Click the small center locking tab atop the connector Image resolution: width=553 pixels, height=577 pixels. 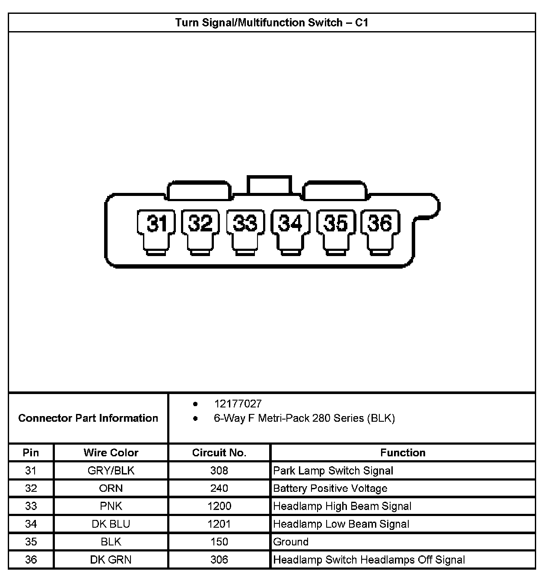tap(269, 185)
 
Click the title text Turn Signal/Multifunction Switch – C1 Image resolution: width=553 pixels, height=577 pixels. tap(272, 22)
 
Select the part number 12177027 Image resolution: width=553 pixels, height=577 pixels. tap(238, 404)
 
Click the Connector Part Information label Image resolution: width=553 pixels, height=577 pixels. tap(88, 418)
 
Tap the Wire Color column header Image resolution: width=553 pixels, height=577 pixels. tap(111, 453)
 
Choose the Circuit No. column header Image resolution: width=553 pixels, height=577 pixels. tap(219, 453)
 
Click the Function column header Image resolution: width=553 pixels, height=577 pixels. tap(403, 453)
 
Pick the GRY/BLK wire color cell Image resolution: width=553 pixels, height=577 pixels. tap(111, 471)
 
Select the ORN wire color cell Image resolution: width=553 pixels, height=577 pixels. tap(111, 488)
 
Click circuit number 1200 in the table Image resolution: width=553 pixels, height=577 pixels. tap(219, 506)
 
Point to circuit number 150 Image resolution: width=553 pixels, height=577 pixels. tap(219, 542)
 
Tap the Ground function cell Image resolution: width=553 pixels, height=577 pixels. tap(291, 542)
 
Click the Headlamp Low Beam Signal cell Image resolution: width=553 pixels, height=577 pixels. tap(341, 524)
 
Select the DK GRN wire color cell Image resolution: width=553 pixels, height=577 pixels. tap(111, 560)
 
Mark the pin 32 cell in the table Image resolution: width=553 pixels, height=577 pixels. tap(31, 488)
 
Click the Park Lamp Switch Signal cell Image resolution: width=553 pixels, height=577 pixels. tap(333, 471)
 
